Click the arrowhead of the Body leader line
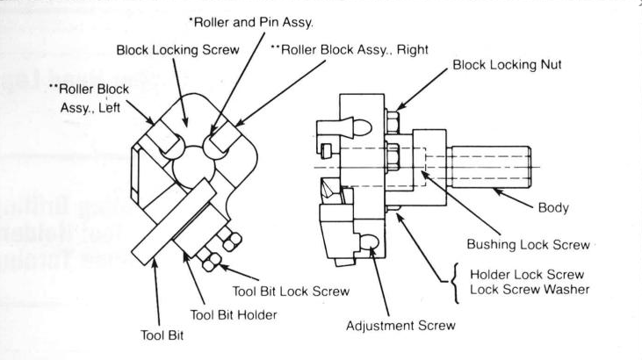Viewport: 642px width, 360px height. pos(494,186)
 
